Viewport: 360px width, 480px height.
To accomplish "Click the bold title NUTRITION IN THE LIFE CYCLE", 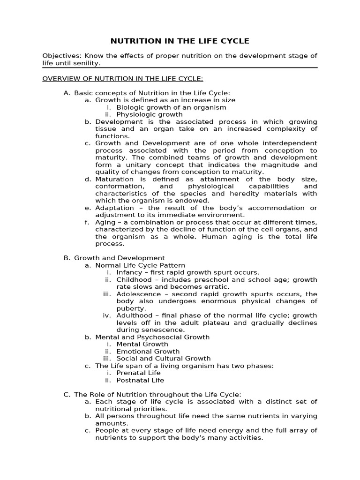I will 180,41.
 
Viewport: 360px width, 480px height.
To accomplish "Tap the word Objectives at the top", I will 59,56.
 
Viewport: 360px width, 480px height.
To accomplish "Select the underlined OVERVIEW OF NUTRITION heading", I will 123,78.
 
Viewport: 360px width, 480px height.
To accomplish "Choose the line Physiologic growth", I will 150,114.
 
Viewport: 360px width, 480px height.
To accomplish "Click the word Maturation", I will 115,179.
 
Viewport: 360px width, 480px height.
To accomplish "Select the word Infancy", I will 129,272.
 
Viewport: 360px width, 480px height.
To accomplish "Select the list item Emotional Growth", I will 148,351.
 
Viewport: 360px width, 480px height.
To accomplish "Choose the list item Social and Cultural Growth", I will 163,359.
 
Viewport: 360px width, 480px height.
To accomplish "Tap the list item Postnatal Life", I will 140,380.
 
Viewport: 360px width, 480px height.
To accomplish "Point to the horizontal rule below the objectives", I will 180,68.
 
